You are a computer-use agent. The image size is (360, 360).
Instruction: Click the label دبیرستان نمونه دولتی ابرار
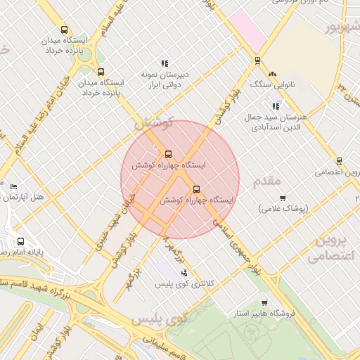pos(163,79)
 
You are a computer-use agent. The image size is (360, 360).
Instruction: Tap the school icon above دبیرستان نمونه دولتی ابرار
pos(165,63)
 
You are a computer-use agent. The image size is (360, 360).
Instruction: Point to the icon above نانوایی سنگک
pos(272,74)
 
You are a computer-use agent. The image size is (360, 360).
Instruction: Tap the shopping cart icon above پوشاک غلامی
pos(283,198)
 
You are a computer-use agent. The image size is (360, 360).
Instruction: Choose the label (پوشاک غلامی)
pos(283,210)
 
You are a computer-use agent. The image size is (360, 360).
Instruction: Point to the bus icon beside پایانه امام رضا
pos(20,240)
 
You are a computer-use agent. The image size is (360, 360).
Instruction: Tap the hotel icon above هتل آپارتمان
pos(14,186)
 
